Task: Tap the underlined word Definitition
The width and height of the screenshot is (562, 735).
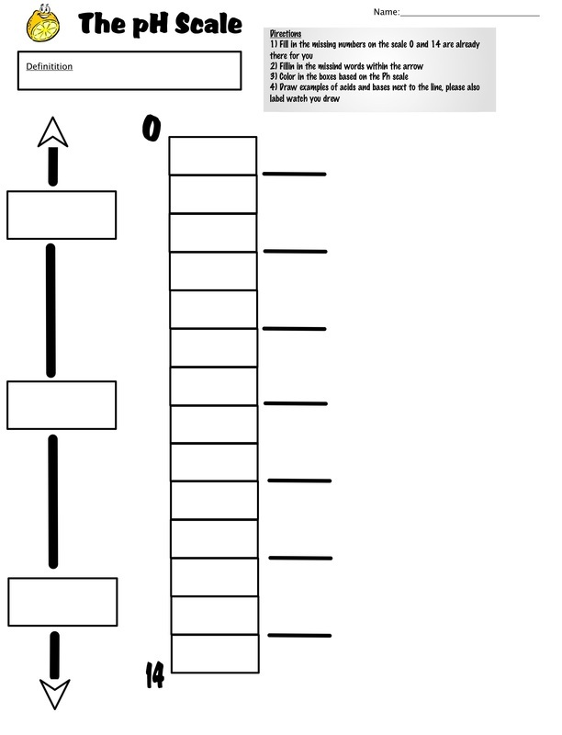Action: click(x=49, y=67)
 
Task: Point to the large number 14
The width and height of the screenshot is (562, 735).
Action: click(x=154, y=675)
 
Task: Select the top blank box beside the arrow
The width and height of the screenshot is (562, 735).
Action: click(x=62, y=215)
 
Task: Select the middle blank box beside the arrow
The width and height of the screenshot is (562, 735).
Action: click(x=62, y=404)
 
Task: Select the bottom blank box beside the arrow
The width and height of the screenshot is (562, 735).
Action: click(x=62, y=602)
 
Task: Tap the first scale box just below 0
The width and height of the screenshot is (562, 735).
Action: click(x=213, y=156)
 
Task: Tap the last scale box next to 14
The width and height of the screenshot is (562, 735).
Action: click(x=213, y=653)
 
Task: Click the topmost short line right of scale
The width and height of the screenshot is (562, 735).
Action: click(x=295, y=174)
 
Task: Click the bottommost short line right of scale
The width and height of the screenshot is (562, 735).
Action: click(x=299, y=636)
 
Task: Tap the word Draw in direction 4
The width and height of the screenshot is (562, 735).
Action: click(x=291, y=88)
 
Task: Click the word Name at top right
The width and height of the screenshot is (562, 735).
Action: click(x=386, y=12)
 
